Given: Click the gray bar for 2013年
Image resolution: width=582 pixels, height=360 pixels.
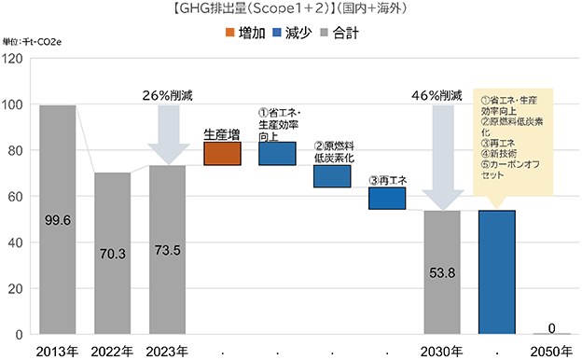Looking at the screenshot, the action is point(58,219).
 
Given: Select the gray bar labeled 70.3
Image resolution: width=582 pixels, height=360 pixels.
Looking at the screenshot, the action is point(113,253).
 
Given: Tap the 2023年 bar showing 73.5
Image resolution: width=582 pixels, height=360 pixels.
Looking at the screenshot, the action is point(167,249).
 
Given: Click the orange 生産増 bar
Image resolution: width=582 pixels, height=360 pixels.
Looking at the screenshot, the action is point(222,154).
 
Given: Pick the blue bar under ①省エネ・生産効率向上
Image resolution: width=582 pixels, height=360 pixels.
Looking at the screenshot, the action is point(277,154).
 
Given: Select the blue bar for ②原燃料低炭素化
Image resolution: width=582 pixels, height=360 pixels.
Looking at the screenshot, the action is point(332,176).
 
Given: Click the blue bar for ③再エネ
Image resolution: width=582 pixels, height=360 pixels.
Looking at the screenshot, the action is point(387,198).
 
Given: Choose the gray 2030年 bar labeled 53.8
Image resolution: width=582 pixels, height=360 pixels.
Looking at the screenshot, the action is point(442,272).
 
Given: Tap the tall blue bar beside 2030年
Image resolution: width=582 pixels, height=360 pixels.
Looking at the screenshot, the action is point(497,272).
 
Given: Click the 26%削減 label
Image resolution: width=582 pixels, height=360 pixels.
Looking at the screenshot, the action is point(168,96).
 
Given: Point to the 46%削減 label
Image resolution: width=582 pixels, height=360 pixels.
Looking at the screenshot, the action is point(436,96).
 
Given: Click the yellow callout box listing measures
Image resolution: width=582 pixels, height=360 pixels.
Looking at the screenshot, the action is point(513,142).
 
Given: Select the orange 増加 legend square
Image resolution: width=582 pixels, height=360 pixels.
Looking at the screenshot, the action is point(230,33).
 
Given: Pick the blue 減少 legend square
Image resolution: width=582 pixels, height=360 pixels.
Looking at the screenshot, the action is point(276,33).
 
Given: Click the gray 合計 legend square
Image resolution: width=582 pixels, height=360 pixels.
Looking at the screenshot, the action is point(324,33).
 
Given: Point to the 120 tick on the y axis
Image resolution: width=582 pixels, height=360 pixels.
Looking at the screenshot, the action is point(12,58).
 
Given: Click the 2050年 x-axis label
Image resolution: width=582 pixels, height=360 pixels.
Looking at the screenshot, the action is point(551,352).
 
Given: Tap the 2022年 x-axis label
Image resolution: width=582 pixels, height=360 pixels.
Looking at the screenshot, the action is point(112,352).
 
